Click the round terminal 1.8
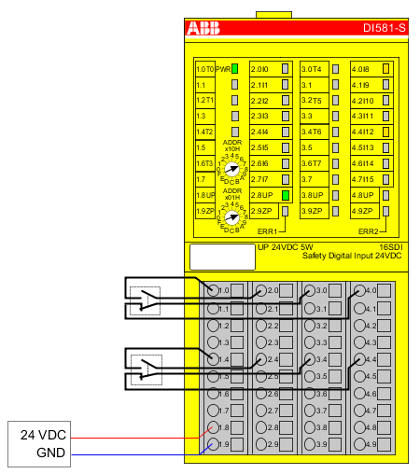212,427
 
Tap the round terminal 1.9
212,444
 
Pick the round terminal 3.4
311,359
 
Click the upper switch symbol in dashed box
145,300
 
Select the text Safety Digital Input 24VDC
352,256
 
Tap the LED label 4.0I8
360,69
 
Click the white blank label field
221,257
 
